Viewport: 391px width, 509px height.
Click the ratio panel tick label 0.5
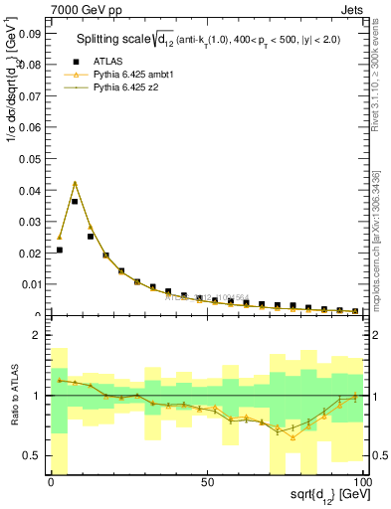[30, 455]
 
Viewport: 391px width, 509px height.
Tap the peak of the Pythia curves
[75, 183]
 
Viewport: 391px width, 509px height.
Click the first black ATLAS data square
[60, 251]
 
